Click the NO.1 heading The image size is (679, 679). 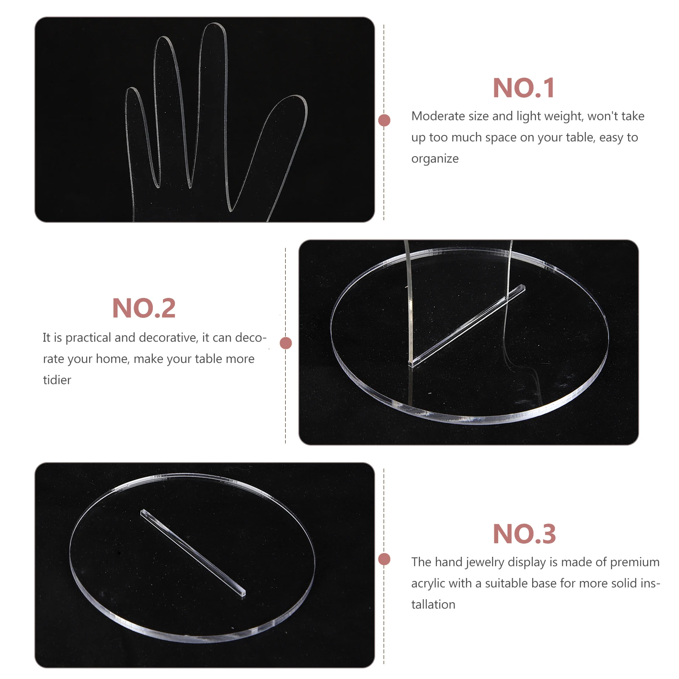coord(523,88)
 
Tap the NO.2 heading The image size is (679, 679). coord(143,309)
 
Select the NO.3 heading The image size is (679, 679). coord(524,534)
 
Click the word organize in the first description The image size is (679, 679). coord(435,159)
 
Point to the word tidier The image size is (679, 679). coord(57,380)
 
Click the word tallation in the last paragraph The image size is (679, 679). coord(433,604)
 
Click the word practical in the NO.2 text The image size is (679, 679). coord(88,338)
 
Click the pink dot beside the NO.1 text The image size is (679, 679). coord(384,121)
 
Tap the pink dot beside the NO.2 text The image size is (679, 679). coord(286,343)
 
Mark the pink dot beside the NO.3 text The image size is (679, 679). coord(384,559)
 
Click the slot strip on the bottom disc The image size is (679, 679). coord(193,553)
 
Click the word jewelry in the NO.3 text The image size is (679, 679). coord(484,562)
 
